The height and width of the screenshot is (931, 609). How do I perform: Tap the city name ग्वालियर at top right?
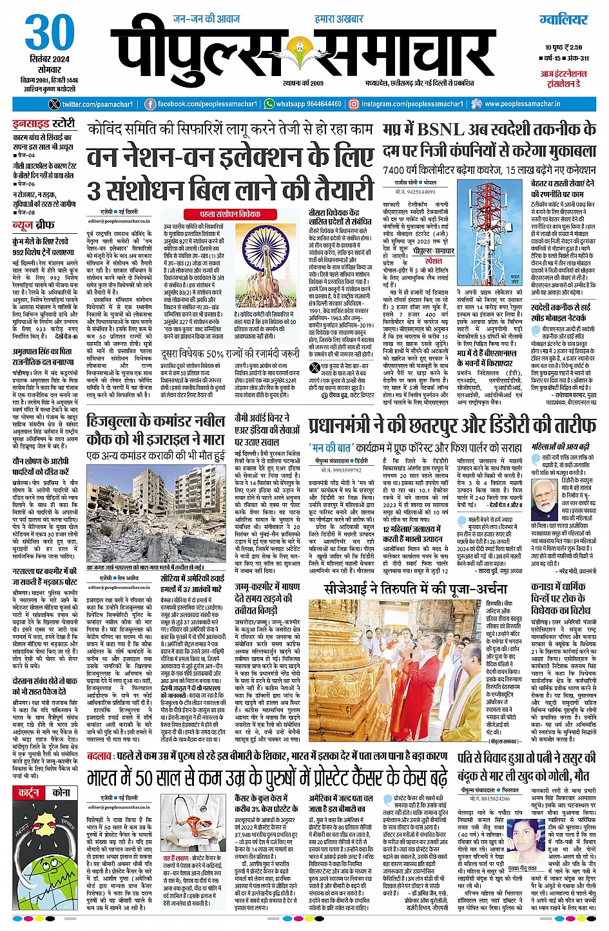pos(564,19)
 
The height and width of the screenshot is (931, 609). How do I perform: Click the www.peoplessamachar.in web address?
pos(522,104)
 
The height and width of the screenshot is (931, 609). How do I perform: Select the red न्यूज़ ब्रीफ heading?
pos(34,225)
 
